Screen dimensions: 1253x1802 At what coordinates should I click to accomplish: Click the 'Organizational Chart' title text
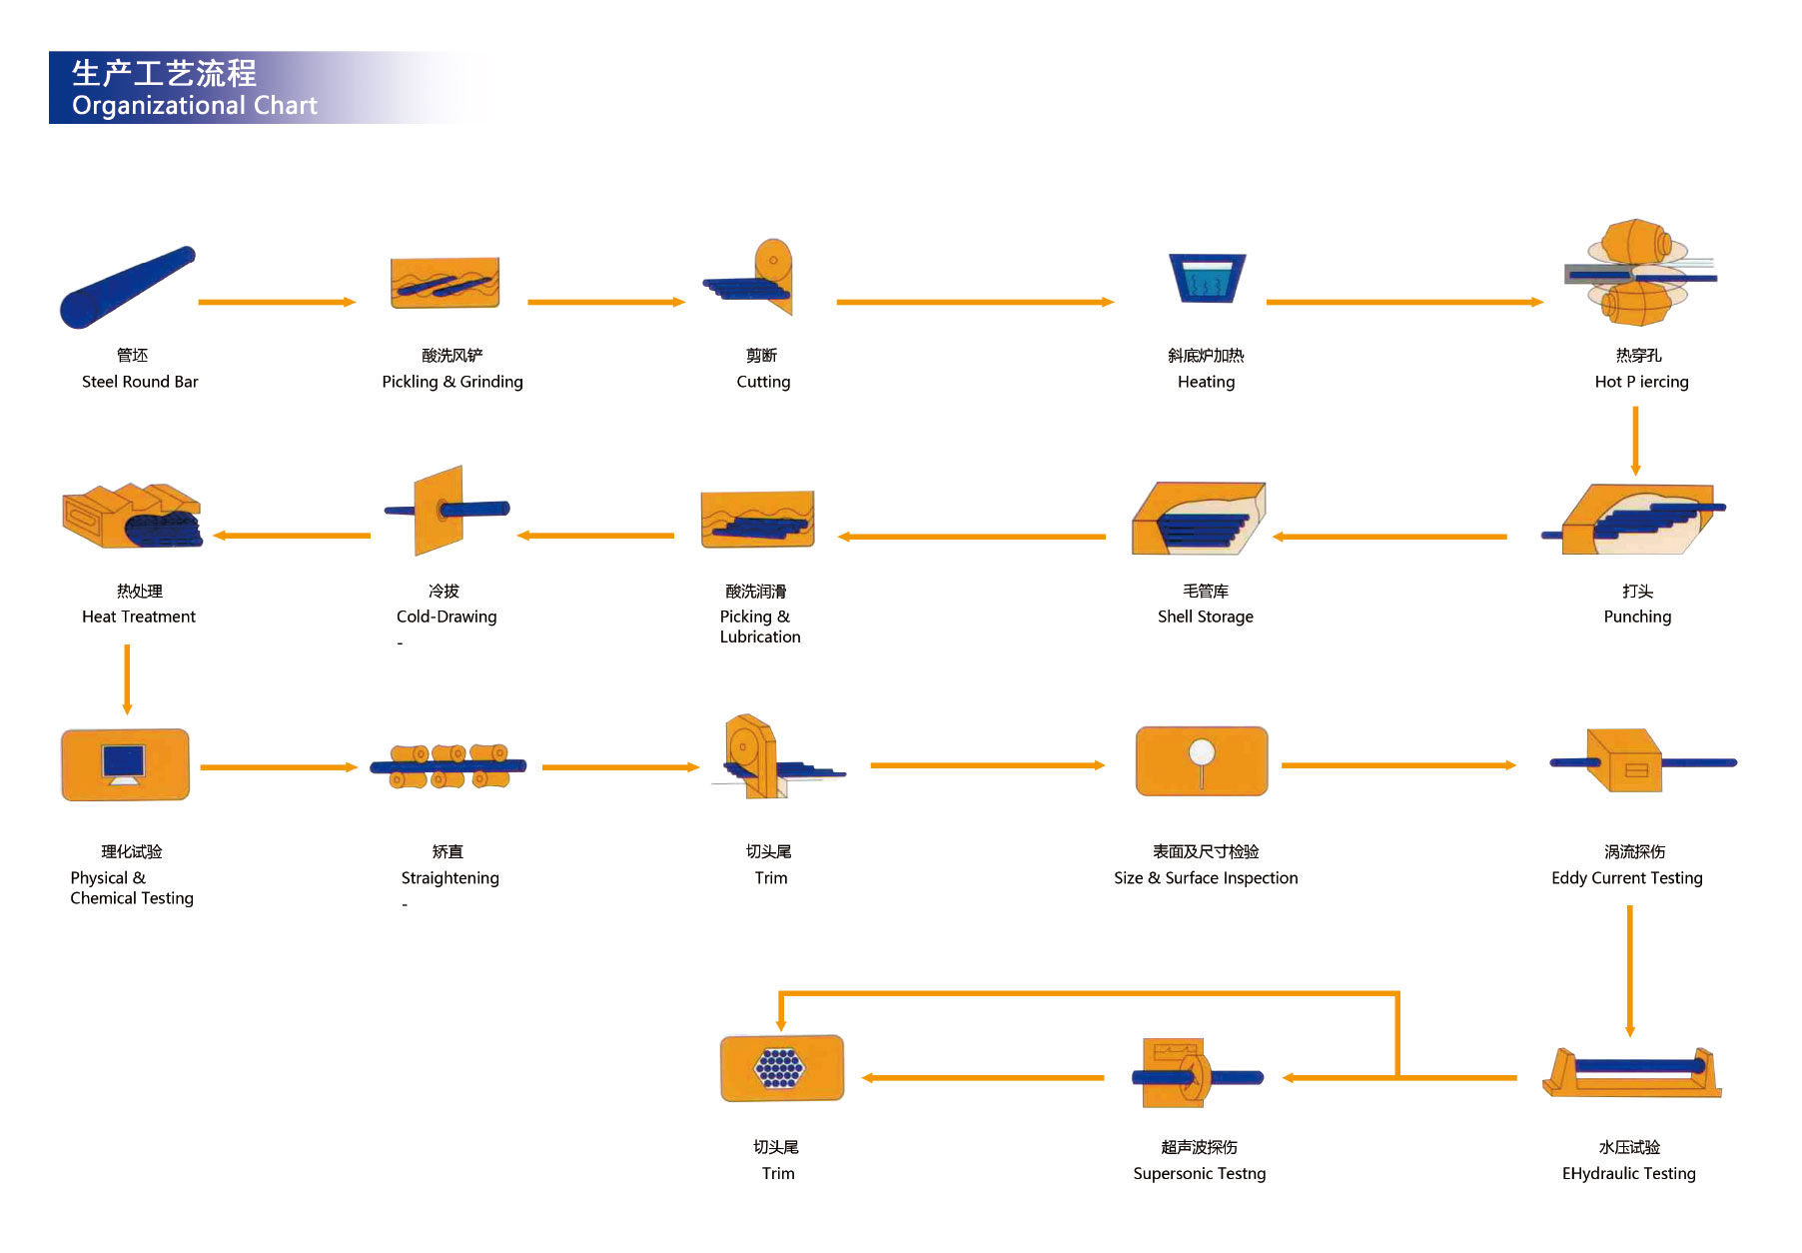[194, 106]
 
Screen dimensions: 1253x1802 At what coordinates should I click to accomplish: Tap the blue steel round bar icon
[127, 286]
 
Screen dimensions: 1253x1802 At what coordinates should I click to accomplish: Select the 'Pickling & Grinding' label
[451, 382]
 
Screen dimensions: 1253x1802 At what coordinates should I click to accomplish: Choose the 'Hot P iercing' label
[1641, 382]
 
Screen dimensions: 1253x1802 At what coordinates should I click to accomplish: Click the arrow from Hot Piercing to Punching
[1635, 440]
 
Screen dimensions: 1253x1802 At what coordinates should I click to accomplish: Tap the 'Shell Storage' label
[1205, 617]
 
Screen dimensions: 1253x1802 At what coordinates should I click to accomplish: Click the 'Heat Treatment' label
[139, 617]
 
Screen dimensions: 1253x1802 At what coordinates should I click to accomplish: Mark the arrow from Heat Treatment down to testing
[127, 679]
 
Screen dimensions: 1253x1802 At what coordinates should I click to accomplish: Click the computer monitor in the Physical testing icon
[124, 762]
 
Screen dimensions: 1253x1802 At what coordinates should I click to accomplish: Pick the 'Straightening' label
[450, 878]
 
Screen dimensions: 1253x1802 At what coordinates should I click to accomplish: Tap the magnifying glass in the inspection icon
[1202, 753]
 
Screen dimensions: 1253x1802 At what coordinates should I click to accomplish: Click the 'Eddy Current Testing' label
[1626, 878]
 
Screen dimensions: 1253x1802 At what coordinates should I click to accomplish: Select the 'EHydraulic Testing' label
[1628, 1174]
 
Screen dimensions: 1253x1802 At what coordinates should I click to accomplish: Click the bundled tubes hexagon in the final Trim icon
[779, 1068]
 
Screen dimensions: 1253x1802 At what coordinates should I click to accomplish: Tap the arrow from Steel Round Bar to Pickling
[277, 302]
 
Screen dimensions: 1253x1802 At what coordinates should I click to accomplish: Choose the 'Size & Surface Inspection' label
[1206, 878]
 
